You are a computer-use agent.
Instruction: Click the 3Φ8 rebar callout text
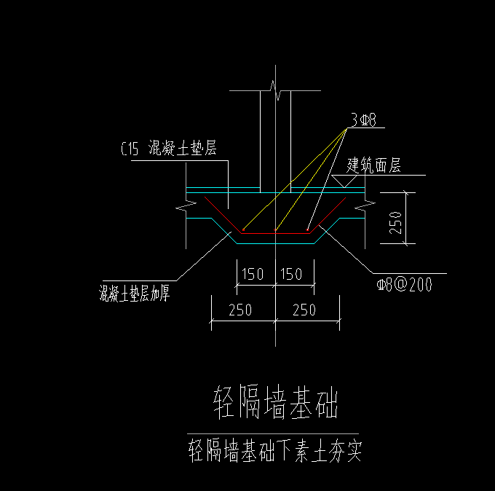click(364, 120)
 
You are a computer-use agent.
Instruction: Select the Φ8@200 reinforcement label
click(405, 284)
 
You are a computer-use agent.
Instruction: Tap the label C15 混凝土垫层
click(169, 148)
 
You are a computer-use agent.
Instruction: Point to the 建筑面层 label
click(373, 165)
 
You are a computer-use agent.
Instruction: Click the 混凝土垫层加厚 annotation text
click(135, 293)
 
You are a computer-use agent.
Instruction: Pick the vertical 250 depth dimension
click(395, 223)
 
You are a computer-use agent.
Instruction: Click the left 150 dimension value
click(253, 274)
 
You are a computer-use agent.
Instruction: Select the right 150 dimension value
click(291, 274)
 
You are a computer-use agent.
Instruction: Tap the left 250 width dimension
click(240, 310)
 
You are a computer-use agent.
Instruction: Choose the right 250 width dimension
click(304, 310)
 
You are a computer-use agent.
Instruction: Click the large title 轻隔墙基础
click(276, 402)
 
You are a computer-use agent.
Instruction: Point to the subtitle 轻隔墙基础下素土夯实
click(275, 450)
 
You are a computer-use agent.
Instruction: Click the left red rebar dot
click(243, 230)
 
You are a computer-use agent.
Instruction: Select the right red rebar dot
click(307, 230)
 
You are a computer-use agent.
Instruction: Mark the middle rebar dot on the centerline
click(276, 230)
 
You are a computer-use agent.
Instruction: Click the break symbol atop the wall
click(276, 90)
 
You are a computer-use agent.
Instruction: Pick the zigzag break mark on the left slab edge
click(186, 205)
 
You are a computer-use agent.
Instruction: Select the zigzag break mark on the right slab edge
click(365, 205)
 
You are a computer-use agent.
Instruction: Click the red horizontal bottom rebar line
click(276, 234)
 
